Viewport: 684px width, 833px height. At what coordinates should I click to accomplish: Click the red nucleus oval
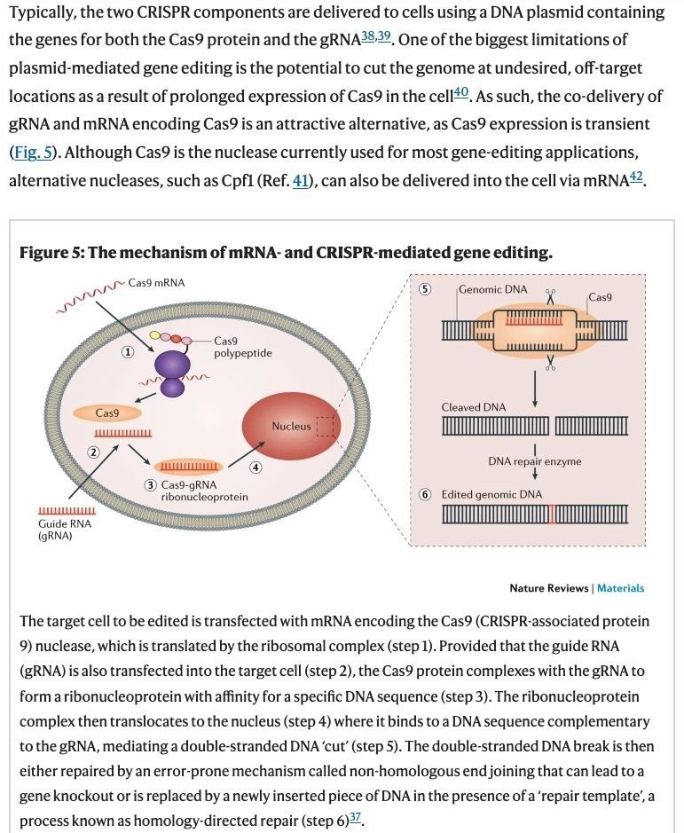[x=291, y=427]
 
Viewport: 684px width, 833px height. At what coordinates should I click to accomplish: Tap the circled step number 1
[x=128, y=352]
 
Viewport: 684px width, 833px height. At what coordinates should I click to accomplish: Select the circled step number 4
[x=256, y=468]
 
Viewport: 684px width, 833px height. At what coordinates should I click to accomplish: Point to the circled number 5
[x=425, y=289]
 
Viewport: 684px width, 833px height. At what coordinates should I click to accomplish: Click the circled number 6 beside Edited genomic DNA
[x=425, y=494]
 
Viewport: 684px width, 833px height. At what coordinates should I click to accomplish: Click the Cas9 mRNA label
[x=157, y=283]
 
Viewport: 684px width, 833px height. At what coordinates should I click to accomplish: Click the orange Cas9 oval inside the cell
[x=107, y=413]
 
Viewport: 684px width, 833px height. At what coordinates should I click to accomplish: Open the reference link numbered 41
[x=303, y=180]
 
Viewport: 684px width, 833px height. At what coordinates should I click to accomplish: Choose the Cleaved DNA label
[x=474, y=407]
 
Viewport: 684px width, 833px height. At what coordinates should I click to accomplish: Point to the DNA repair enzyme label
[x=535, y=461]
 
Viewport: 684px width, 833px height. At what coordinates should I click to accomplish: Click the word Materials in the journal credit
[x=620, y=588]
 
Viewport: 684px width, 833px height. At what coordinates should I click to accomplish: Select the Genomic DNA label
[x=492, y=289]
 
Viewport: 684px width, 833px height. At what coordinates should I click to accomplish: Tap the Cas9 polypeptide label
[x=242, y=347]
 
